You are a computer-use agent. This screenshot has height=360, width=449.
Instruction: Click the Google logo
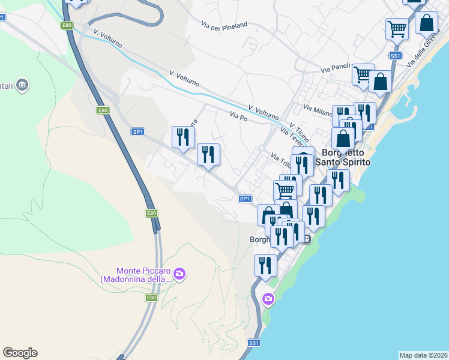click(20, 353)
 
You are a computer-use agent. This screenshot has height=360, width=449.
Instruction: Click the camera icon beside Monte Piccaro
click(179, 274)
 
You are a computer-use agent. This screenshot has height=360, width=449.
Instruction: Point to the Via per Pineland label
click(224, 25)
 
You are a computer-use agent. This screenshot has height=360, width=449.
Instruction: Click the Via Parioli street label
click(335, 69)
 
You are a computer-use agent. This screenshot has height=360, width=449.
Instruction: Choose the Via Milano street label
click(318, 110)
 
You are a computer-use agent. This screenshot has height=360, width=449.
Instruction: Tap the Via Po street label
click(238, 115)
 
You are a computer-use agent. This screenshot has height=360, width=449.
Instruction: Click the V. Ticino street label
click(298, 129)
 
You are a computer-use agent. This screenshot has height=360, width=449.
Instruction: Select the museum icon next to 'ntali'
click(23, 85)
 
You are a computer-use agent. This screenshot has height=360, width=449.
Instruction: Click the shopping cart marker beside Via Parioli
click(363, 75)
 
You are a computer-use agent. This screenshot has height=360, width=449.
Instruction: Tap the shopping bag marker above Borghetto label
click(343, 138)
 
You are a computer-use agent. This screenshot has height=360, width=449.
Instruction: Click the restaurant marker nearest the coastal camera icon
click(265, 265)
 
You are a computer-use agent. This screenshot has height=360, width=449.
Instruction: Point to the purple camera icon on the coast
click(268, 298)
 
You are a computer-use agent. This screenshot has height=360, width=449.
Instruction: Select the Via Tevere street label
click(291, 138)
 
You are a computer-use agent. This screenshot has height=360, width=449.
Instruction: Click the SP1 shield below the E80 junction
click(137, 131)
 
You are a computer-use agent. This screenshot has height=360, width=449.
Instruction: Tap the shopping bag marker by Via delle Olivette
click(426, 23)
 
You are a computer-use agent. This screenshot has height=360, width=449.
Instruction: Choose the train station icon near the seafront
click(306, 239)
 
